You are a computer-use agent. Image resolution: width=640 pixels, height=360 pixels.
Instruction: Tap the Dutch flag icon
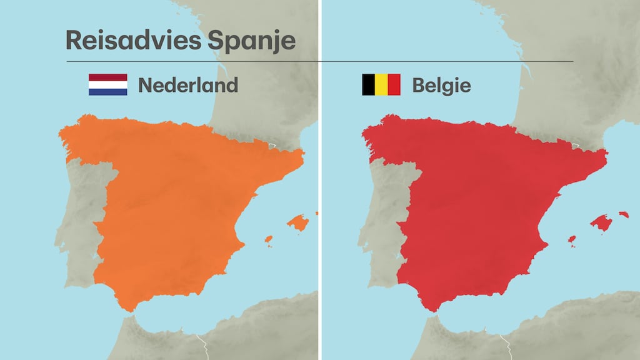(107, 84)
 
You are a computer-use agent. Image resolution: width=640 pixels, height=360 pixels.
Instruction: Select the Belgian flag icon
(381, 84)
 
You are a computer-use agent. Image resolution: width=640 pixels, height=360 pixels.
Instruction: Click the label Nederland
(187, 85)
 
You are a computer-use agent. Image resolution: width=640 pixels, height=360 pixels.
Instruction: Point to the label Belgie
(441, 85)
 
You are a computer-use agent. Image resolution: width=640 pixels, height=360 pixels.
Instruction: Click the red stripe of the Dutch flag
(107, 77)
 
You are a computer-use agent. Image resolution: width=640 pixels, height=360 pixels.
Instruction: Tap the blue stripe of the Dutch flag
(107, 91)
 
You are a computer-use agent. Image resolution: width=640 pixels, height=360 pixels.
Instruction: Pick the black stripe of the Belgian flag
(368, 84)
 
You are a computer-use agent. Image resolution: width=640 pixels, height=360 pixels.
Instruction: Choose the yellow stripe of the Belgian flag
(381, 84)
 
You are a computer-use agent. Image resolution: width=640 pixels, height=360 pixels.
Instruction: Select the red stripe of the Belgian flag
(394, 84)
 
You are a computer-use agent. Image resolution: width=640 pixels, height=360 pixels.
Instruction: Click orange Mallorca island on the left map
(297, 223)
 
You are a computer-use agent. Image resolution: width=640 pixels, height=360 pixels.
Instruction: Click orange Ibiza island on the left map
(269, 239)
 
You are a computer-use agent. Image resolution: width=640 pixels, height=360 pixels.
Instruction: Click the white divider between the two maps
(320, 187)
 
